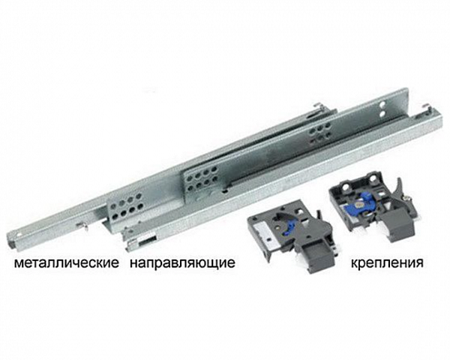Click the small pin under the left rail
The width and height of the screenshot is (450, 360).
click(x=88, y=223)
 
